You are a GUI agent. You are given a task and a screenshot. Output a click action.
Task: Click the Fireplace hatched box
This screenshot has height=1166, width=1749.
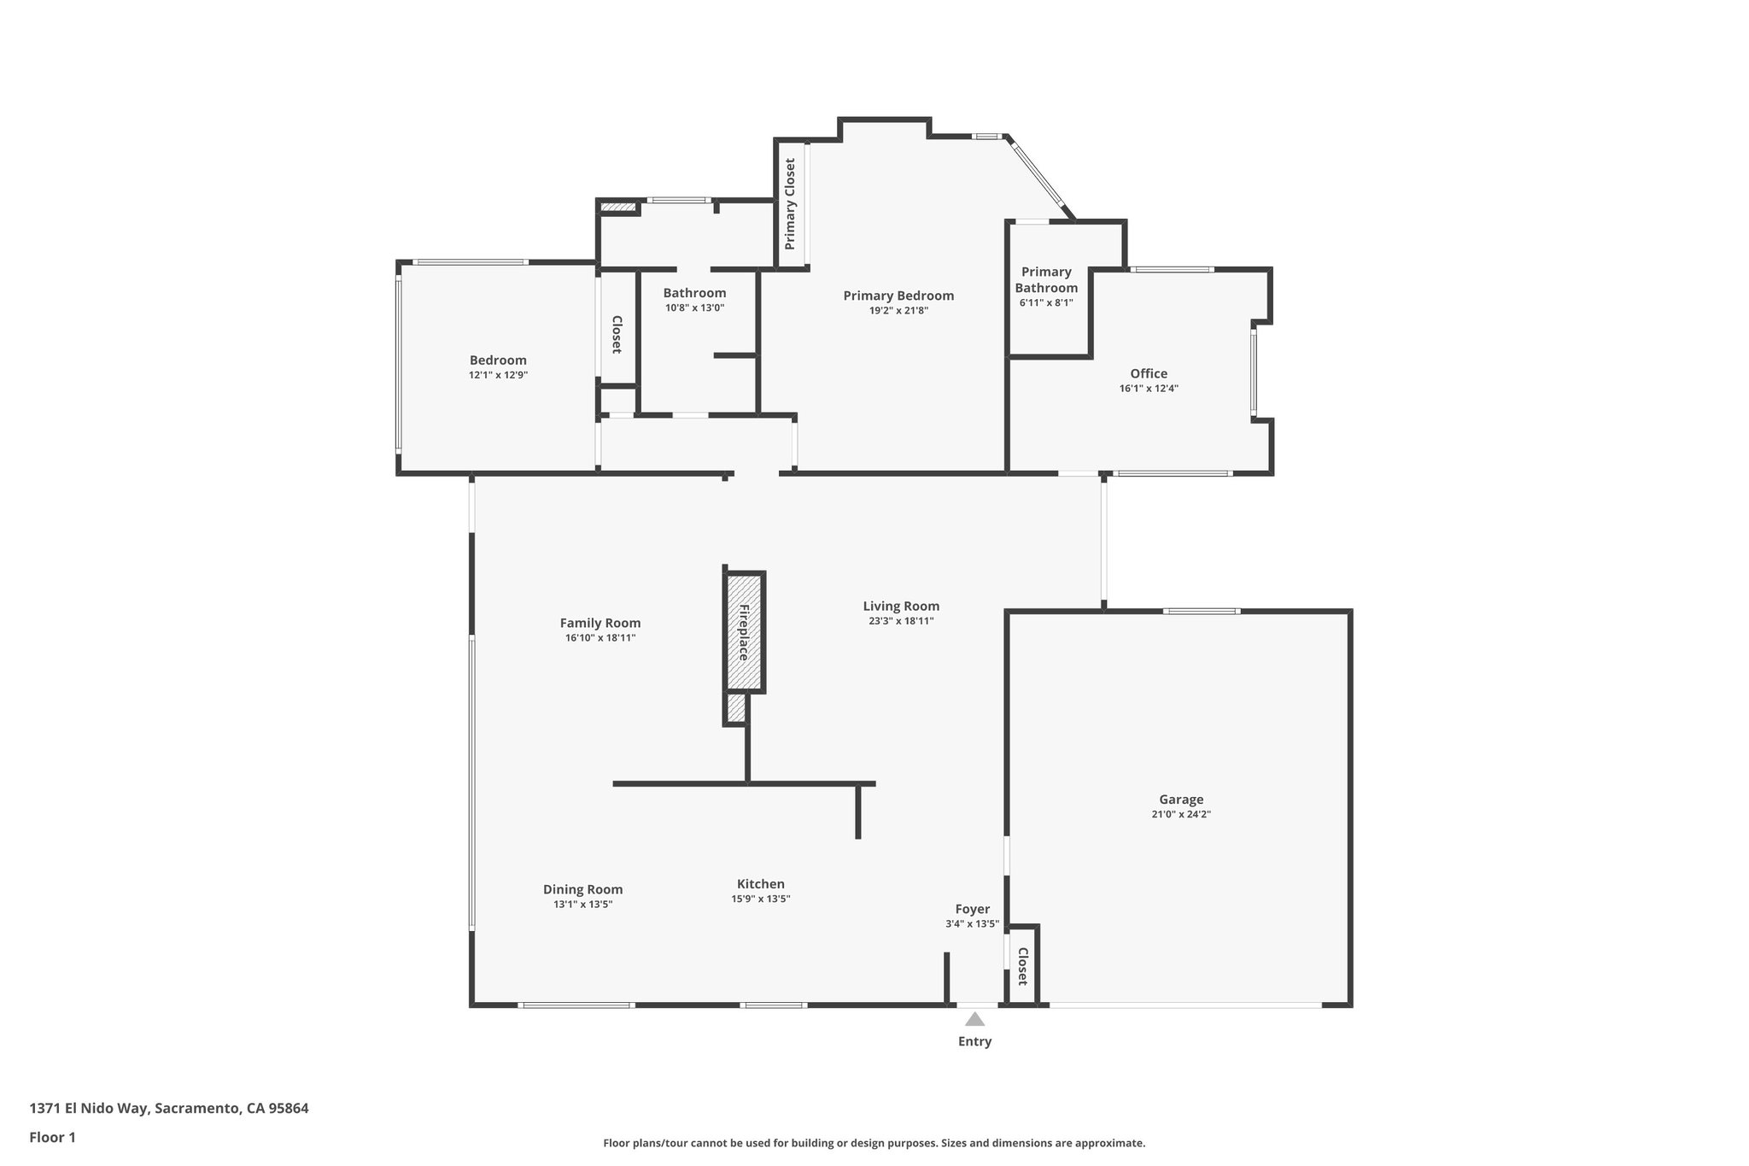click(744, 632)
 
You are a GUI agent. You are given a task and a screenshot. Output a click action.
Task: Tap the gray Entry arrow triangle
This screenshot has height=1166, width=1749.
click(974, 1019)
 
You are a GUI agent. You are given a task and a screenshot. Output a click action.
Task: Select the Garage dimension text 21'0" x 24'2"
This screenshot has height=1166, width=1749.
click(1181, 814)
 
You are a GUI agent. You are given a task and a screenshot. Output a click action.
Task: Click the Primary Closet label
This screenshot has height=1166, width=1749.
click(790, 204)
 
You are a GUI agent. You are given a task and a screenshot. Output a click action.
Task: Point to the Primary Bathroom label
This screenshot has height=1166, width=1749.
click(1046, 279)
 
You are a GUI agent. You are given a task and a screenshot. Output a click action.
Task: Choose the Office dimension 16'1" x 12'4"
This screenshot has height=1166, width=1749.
click(1149, 388)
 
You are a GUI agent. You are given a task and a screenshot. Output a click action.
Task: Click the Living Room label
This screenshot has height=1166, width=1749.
click(901, 606)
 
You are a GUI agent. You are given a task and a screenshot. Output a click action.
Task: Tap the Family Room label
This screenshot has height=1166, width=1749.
click(600, 623)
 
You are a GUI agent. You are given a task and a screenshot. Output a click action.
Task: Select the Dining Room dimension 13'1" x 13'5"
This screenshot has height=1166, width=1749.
click(583, 904)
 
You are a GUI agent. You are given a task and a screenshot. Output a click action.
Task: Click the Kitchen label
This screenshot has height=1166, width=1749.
click(761, 884)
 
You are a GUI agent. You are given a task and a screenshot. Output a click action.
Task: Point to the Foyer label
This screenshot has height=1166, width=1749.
click(972, 909)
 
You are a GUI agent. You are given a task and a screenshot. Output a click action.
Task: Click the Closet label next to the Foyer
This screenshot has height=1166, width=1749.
click(1022, 966)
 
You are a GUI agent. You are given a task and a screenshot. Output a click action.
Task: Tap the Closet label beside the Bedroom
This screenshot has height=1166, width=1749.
click(616, 335)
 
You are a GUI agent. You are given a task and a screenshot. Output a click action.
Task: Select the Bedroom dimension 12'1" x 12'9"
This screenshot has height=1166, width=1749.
click(498, 374)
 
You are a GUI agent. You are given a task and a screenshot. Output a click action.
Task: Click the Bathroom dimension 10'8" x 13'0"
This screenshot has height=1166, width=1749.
click(694, 308)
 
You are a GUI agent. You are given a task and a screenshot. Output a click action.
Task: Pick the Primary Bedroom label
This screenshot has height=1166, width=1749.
click(898, 296)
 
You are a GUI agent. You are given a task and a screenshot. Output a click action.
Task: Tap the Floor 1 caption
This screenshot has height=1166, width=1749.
click(52, 1137)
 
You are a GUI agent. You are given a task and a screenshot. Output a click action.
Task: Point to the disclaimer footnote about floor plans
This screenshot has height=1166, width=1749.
click(874, 1143)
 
